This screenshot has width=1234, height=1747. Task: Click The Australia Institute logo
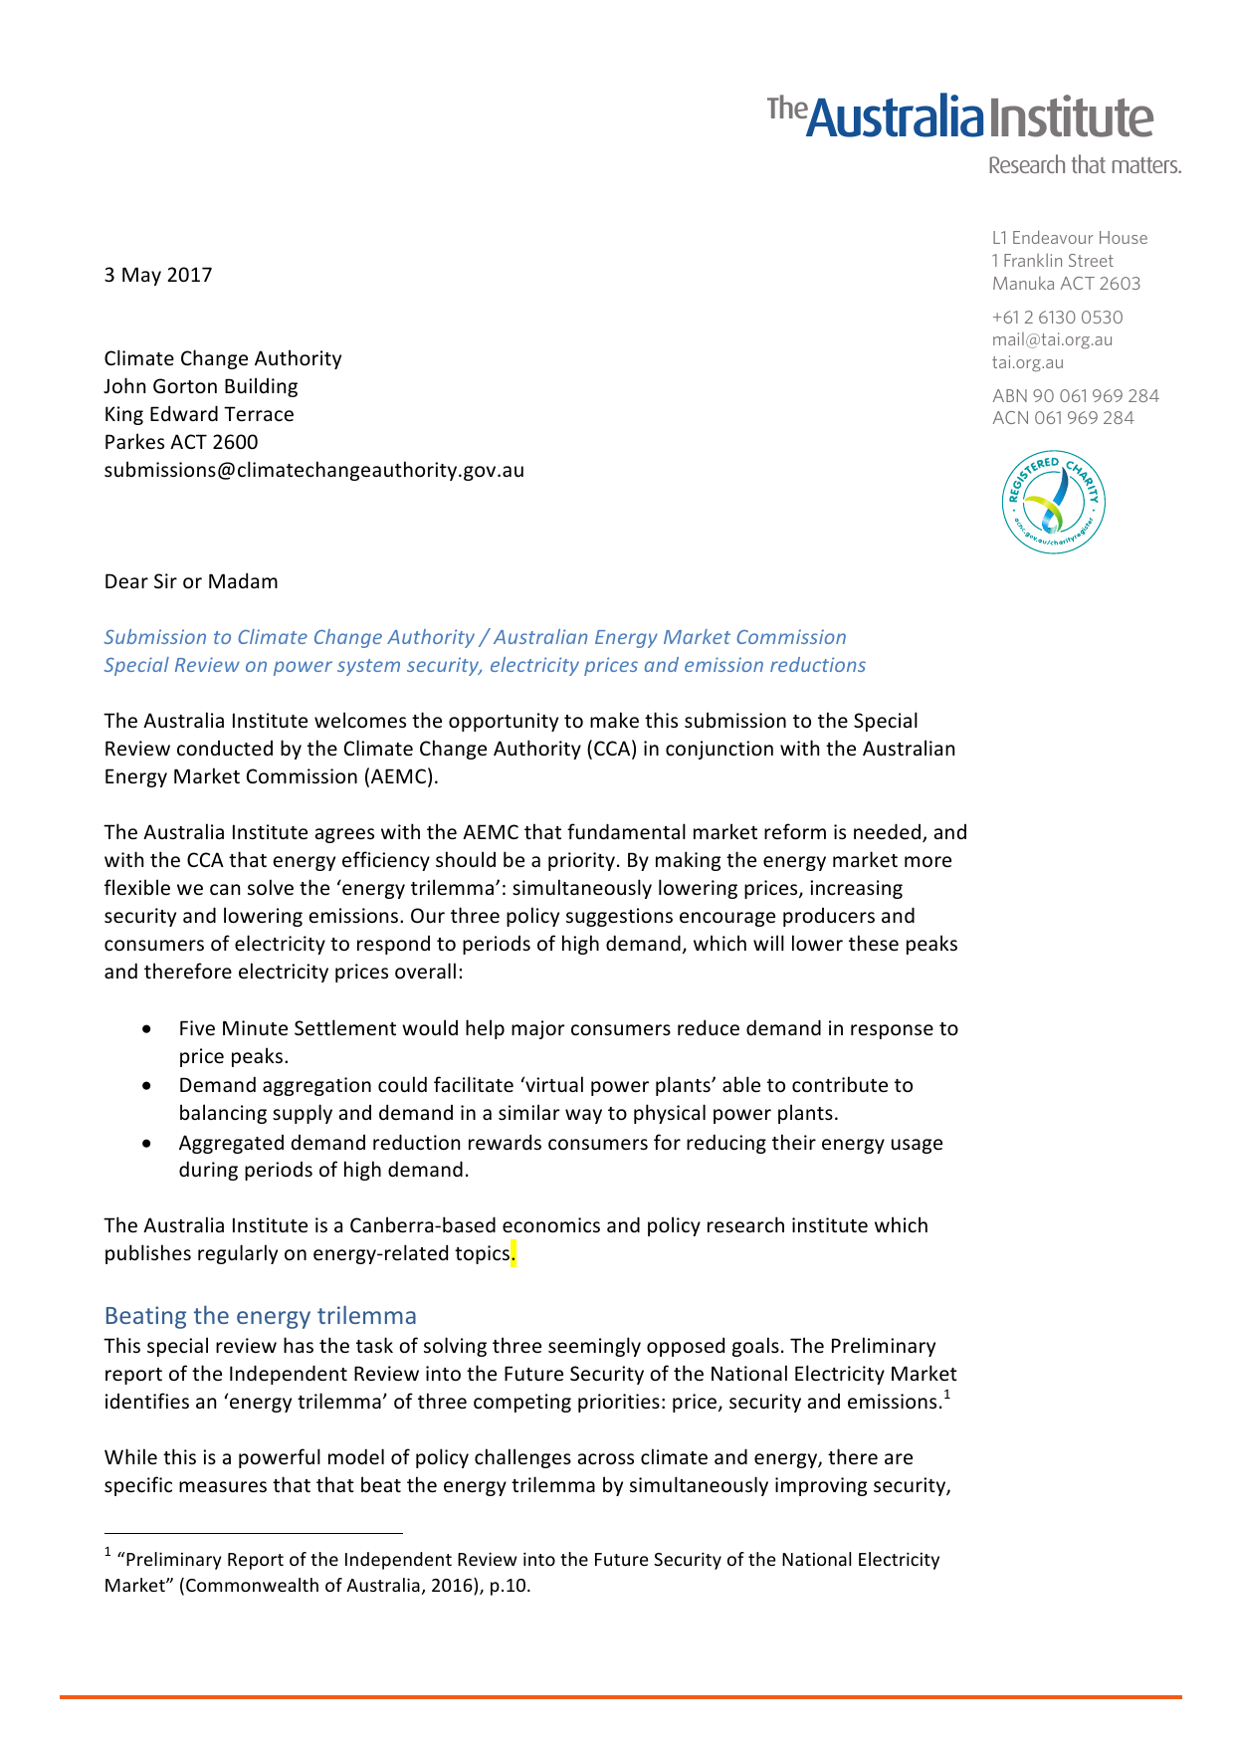point(960,117)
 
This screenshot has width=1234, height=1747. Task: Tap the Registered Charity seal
point(1053,502)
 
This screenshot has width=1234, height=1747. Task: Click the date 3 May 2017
point(158,275)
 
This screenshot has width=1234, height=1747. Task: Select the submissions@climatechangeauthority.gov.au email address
point(313,470)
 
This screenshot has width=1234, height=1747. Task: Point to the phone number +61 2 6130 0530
point(1057,318)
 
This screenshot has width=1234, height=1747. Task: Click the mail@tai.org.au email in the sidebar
point(1052,339)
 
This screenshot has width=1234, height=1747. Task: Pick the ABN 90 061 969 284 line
point(1075,396)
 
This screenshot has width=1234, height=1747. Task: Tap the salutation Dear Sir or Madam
point(191,581)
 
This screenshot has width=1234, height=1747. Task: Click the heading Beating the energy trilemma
point(260,1316)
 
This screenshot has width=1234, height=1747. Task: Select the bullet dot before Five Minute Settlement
point(147,1028)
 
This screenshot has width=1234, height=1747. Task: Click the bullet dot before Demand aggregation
point(147,1085)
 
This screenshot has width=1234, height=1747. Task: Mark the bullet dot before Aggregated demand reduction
point(147,1143)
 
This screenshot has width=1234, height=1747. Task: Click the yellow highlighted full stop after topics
point(514,1254)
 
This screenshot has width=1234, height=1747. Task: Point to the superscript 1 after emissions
point(947,1395)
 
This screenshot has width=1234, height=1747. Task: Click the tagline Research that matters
point(1084,165)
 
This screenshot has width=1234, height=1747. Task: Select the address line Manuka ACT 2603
point(1066,284)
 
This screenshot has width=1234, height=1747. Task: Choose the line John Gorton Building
point(201,386)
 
